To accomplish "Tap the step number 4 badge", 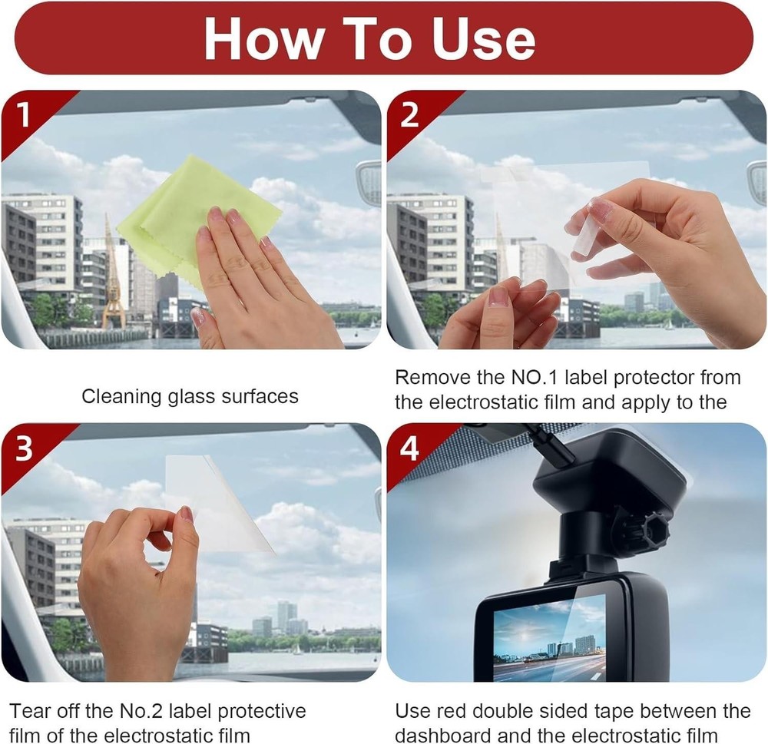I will coord(410,448).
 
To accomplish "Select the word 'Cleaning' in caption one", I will coord(119,397).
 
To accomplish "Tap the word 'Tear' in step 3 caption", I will coord(30,711).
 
